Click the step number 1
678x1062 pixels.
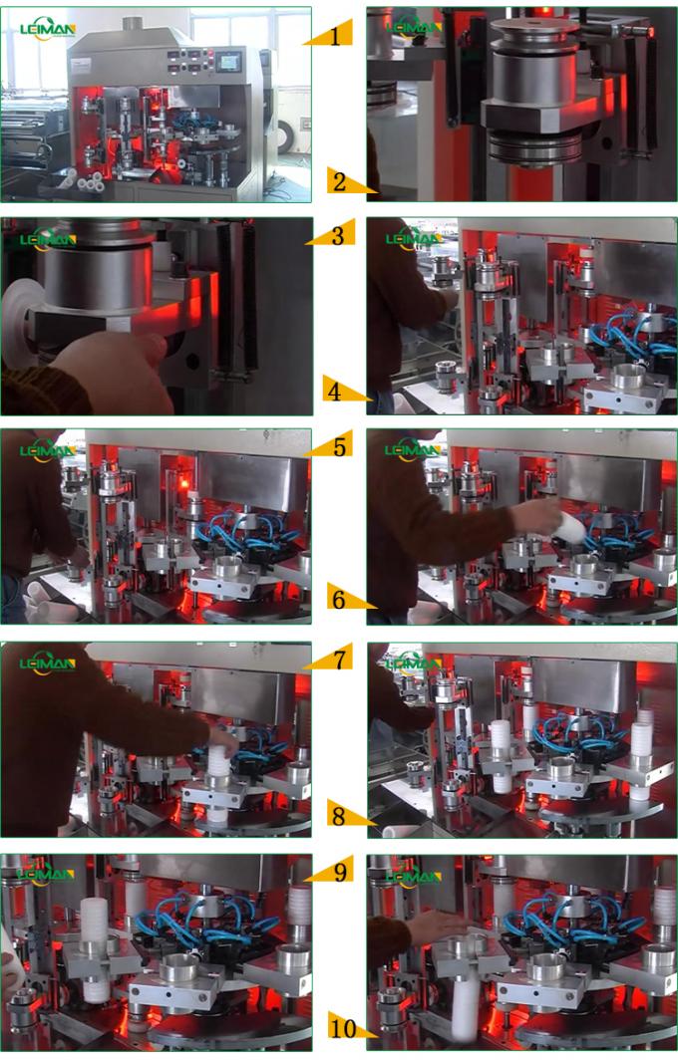(336, 37)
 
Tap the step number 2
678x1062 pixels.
(339, 182)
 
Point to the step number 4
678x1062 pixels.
(335, 392)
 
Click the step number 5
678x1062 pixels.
(340, 447)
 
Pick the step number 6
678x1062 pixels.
(338, 600)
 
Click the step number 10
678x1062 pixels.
(341, 1026)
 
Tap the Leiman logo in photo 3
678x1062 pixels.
(47, 239)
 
